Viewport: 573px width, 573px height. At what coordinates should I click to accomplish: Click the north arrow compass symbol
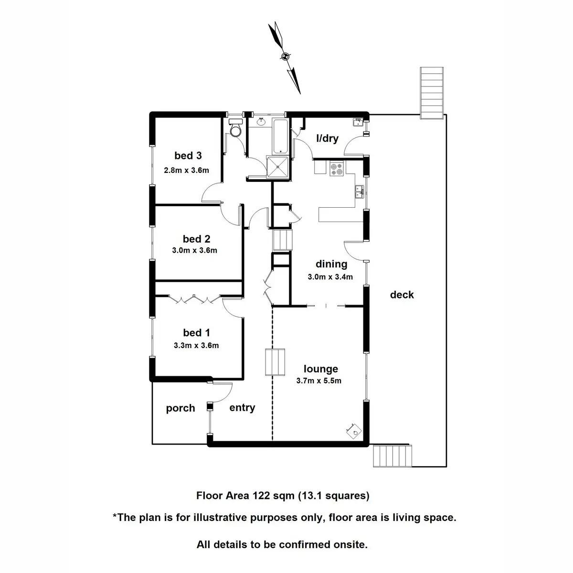tap(285, 56)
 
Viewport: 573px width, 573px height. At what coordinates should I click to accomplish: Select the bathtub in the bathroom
tap(280, 136)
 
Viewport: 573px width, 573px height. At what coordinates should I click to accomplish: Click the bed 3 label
tap(188, 156)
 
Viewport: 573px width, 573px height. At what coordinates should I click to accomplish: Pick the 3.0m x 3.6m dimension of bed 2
tap(194, 250)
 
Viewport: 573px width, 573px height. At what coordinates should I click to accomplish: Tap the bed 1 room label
tap(196, 333)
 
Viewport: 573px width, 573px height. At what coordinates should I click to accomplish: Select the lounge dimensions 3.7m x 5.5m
tap(319, 381)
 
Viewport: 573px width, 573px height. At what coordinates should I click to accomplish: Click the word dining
tap(331, 264)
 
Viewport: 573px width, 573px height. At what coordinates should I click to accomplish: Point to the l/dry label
tap(328, 138)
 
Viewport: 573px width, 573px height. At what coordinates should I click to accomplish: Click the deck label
tap(402, 295)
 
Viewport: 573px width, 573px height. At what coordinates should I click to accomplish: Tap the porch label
tap(180, 408)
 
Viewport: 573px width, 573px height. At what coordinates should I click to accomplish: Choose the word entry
tap(242, 408)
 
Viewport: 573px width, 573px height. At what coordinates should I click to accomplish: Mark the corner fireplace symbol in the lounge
tap(353, 430)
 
